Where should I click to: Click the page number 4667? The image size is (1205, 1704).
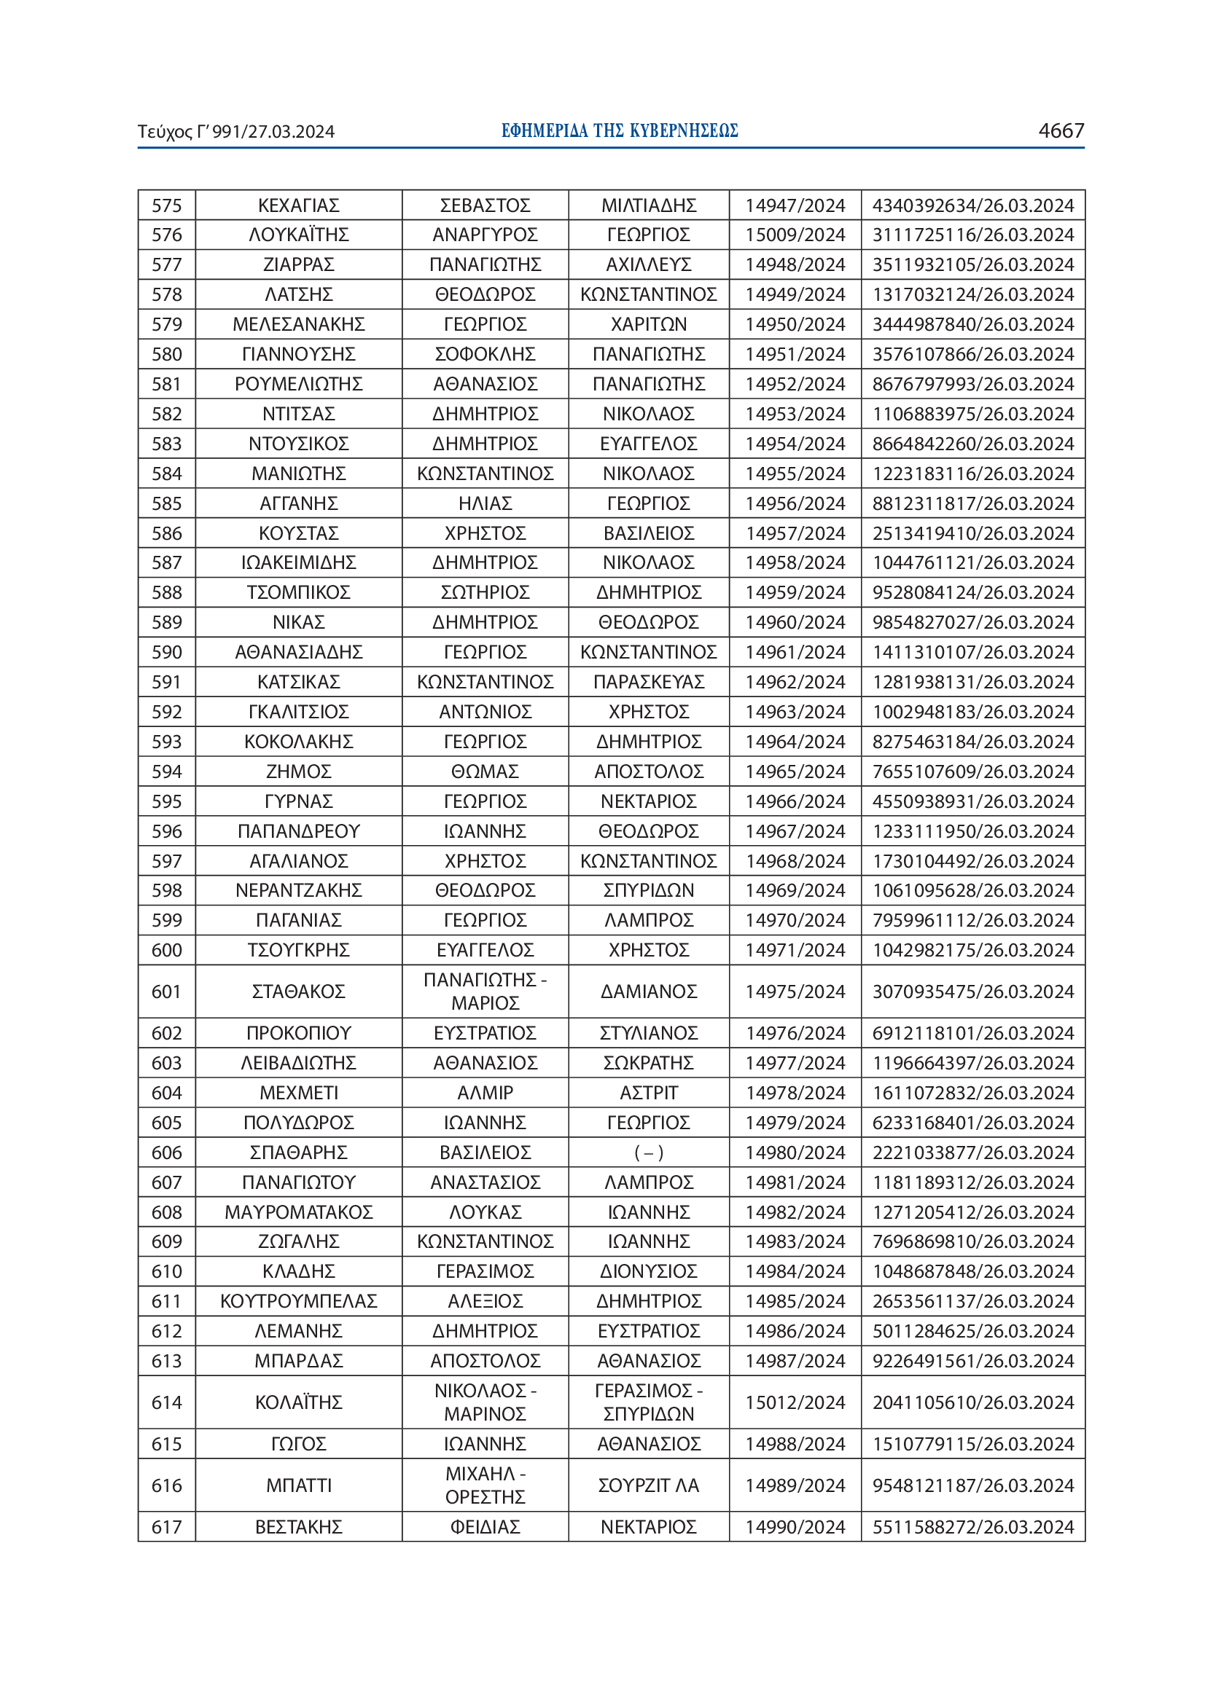tap(1060, 130)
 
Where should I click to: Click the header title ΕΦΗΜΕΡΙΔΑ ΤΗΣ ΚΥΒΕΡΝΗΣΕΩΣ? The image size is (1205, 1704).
tap(619, 130)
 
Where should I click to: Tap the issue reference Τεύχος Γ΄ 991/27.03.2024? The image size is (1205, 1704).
tap(236, 132)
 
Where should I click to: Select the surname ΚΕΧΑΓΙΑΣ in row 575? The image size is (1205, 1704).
tap(298, 205)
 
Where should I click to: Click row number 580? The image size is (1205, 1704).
tap(166, 355)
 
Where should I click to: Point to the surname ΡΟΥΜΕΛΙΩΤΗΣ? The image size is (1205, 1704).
tap(298, 385)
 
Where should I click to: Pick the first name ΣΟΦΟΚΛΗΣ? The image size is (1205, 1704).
tap(485, 355)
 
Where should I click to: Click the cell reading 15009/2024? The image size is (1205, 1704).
tap(795, 235)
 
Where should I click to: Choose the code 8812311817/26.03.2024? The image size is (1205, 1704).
tap(972, 504)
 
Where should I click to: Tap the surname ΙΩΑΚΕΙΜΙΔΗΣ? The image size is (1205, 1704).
tap(298, 563)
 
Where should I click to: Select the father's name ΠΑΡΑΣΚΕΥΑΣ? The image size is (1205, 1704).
tap(648, 682)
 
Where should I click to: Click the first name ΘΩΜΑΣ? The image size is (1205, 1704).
tap(485, 771)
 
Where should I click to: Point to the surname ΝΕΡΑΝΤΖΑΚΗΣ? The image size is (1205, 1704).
tap(298, 890)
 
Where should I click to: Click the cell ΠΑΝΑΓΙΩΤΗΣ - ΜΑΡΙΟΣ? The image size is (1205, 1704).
tap(485, 992)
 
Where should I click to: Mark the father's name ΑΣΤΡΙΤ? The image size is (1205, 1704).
tap(648, 1094)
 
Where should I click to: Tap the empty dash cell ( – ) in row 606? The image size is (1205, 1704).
tap(648, 1153)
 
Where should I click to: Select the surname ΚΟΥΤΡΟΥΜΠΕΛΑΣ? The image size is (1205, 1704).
tap(298, 1301)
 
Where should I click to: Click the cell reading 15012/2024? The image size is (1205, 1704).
tap(795, 1402)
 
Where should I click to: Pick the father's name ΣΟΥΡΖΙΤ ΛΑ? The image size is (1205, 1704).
tap(648, 1485)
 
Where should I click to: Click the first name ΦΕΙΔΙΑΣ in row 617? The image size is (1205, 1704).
tap(485, 1528)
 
